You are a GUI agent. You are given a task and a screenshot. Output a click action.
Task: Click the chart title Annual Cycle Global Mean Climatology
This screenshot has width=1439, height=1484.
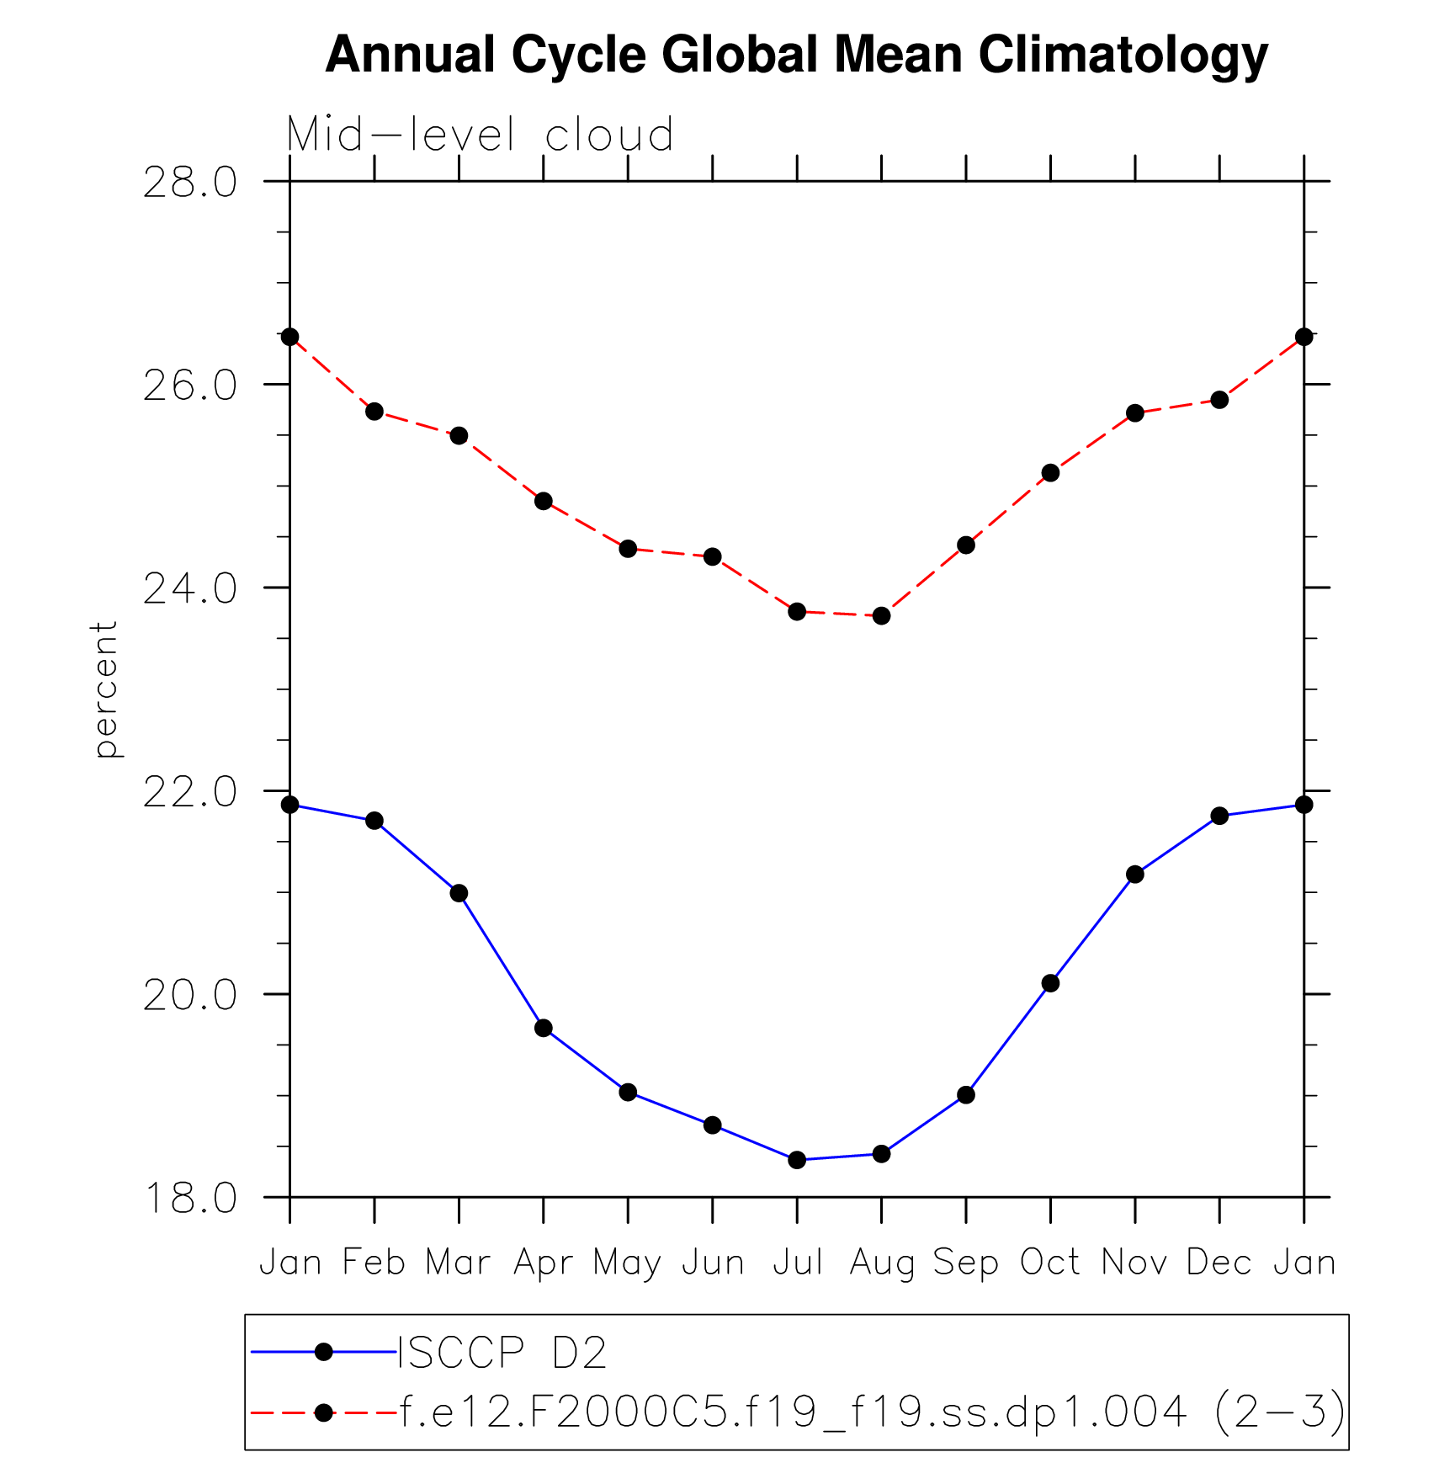pyautogui.click(x=796, y=56)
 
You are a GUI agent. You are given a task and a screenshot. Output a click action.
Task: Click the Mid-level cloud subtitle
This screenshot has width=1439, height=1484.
pyautogui.click(x=480, y=135)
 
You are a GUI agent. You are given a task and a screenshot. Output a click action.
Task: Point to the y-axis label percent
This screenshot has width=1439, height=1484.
pyautogui.click(x=105, y=689)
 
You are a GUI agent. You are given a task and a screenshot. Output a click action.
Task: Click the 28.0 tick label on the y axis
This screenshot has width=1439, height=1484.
pyautogui.click(x=190, y=183)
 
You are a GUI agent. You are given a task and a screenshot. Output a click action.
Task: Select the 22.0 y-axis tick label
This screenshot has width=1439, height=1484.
pyautogui.click(x=190, y=793)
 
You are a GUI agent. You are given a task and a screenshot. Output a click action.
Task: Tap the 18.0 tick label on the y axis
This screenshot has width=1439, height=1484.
pyautogui.click(x=190, y=1199)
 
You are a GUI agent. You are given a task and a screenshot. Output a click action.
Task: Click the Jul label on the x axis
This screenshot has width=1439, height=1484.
pyautogui.click(x=797, y=1263)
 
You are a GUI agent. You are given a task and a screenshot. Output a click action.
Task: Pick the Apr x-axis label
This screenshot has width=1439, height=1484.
pyautogui.click(x=544, y=1263)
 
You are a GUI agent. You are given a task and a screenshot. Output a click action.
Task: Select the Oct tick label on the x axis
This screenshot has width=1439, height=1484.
pyautogui.click(x=1050, y=1263)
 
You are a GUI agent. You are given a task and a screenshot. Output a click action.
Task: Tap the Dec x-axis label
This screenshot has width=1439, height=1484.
pyautogui.click(x=1219, y=1263)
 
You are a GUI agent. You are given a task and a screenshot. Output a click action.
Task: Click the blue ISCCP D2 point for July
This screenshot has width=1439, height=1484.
pyautogui.click(x=797, y=1160)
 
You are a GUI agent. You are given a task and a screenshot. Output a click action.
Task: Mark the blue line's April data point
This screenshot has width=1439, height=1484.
pyautogui.click(x=544, y=1028)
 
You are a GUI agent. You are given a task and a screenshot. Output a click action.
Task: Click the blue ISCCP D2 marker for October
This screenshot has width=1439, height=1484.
pyautogui.click(x=1050, y=983)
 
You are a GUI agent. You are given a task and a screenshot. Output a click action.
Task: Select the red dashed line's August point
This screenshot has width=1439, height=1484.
pyautogui.click(x=881, y=616)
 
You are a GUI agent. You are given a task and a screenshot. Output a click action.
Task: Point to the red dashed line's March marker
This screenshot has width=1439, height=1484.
pyautogui.click(x=459, y=435)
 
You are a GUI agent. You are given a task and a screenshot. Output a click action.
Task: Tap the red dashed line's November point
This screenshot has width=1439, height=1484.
pyautogui.click(x=1135, y=412)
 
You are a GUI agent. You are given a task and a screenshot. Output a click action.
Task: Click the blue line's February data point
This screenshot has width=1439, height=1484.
pyautogui.click(x=374, y=821)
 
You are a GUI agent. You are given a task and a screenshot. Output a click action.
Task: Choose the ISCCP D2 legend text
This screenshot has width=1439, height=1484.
pyautogui.click(x=502, y=1354)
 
